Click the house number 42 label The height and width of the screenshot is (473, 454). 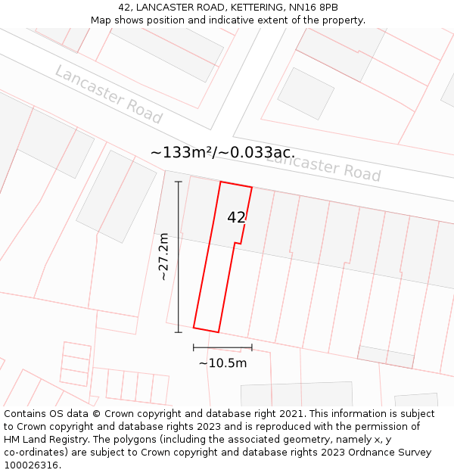[236, 217]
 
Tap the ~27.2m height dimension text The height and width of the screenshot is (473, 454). [163, 257]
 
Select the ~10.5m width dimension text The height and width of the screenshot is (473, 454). [222, 363]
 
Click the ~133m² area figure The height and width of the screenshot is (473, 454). [181, 152]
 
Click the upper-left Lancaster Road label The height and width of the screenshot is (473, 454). [108, 95]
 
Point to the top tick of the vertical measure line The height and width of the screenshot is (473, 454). [179, 182]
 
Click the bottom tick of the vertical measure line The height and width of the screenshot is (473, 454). [179, 331]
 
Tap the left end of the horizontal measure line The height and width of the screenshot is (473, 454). [194, 347]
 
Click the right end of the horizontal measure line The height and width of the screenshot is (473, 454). [251, 347]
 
